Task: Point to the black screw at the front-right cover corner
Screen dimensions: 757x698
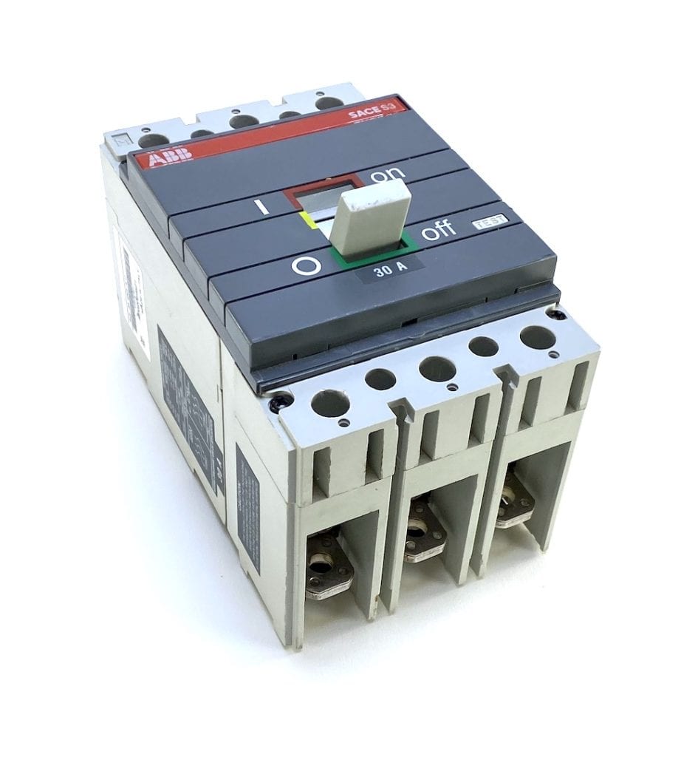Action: pos(560,314)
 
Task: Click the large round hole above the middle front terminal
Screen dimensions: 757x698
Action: pos(437,368)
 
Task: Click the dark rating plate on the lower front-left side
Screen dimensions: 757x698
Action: pos(247,506)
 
